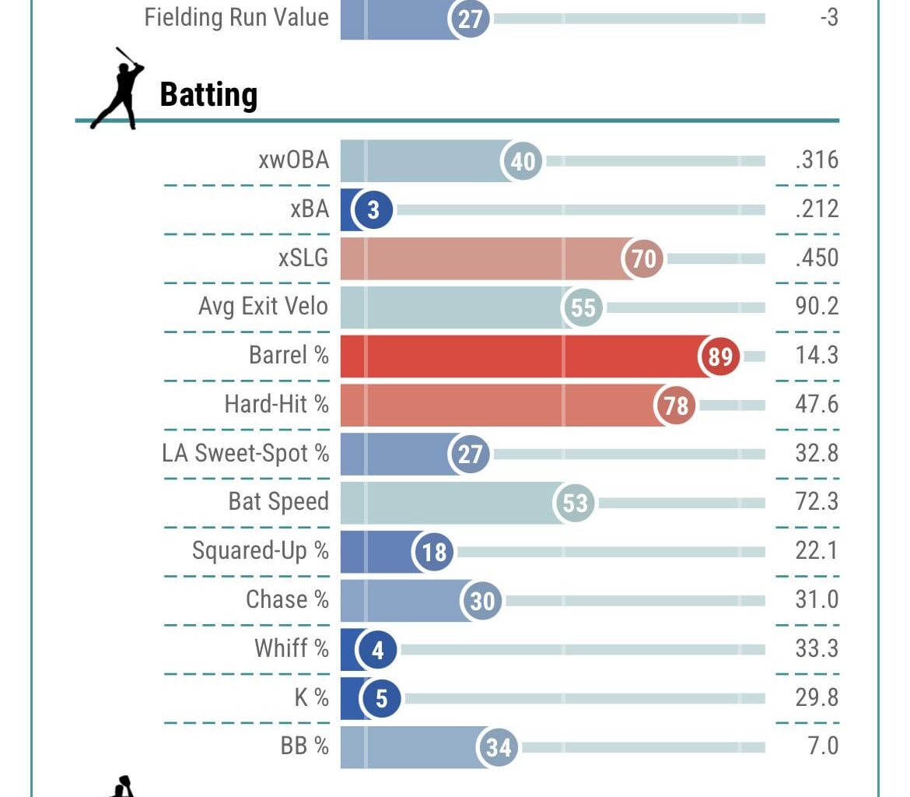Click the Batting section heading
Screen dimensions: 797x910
(208, 94)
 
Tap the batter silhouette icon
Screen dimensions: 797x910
(118, 87)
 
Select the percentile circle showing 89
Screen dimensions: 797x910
(720, 356)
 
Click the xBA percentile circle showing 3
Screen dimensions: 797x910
(373, 210)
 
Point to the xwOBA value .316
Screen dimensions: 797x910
(817, 160)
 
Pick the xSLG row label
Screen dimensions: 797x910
(303, 258)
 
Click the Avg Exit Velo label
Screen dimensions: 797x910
(264, 307)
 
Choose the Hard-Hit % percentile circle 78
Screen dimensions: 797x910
(676, 405)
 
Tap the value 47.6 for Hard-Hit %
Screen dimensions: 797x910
(817, 405)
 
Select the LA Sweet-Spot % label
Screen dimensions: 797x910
(246, 453)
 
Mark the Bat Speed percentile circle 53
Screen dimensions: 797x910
(575, 503)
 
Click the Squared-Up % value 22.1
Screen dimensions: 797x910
(817, 551)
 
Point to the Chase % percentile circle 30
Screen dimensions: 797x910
(482, 600)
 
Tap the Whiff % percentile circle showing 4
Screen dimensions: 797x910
(377, 649)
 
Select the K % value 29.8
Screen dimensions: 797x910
(817, 697)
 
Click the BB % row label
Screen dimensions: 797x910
(305, 746)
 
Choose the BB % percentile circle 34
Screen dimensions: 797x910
(498, 747)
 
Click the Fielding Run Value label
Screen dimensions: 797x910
(236, 17)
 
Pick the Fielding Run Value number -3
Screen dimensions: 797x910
(829, 17)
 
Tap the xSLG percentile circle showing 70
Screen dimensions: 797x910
(643, 258)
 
